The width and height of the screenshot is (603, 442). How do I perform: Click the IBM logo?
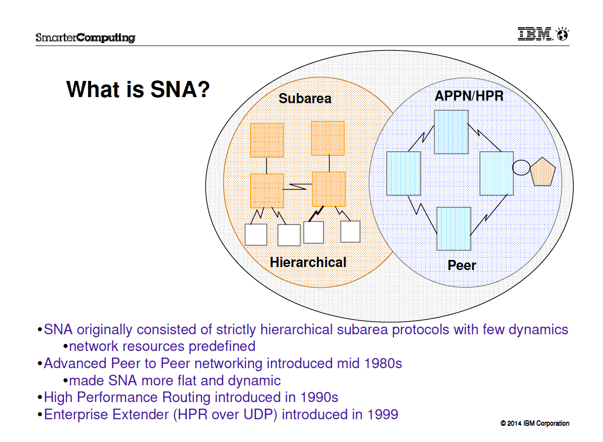click(x=543, y=34)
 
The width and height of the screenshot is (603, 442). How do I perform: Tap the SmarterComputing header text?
click(x=86, y=37)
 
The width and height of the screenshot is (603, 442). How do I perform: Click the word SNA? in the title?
click(x=180, y=90)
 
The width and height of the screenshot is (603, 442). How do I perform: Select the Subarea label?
click(x=305, y=98)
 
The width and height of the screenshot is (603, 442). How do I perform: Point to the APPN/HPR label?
click(x=469, y=96)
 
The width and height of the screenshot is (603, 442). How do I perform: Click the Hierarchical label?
click(x=308, y=262)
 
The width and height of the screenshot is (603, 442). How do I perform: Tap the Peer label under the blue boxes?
click(x=462, y=266)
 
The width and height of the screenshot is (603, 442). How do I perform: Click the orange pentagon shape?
click(x=543, y=171)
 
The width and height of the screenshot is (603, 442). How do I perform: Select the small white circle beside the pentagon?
click(x=521, y=167)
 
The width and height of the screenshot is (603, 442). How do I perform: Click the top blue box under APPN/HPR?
click(x=451, y=132)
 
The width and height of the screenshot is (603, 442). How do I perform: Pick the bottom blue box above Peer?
click(x=454, y=229)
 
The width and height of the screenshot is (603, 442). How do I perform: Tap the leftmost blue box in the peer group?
click(x=404, y=173)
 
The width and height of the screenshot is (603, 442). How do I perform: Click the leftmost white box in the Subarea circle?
click(x=256, y=235)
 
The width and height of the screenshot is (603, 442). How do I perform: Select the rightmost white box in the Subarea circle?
click(x=350, y=232)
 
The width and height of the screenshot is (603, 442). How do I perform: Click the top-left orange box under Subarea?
click(x=267, y=141)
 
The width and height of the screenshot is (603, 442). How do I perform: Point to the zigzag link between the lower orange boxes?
click(x=298, y=187)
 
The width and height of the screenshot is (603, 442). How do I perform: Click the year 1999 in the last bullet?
click(x=383, y=414)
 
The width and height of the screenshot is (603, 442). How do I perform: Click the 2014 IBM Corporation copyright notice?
click(x=535, y=423)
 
